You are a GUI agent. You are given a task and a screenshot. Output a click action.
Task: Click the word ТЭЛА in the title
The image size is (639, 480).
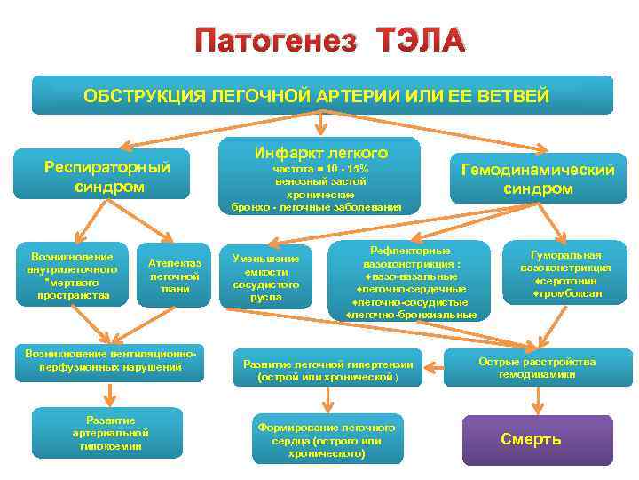coord(419,40)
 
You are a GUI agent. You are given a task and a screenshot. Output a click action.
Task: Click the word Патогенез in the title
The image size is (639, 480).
coord(276,40)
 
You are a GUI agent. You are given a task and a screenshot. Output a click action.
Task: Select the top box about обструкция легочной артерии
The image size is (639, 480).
coord(322,95)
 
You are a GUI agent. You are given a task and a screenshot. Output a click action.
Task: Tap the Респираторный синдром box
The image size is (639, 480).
coord(107,175)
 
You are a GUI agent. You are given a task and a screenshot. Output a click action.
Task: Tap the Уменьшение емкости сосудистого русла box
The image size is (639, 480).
coord(266,277)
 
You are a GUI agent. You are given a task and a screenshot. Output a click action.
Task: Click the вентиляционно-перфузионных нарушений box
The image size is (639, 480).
coord(111,359)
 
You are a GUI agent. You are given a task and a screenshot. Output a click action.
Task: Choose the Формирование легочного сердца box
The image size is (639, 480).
coord(327,440)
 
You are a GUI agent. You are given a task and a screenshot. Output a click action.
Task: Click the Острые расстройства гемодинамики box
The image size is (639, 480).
coord(537,368)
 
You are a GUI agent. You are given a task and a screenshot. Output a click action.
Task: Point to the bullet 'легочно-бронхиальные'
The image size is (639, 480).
coord(411,315)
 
